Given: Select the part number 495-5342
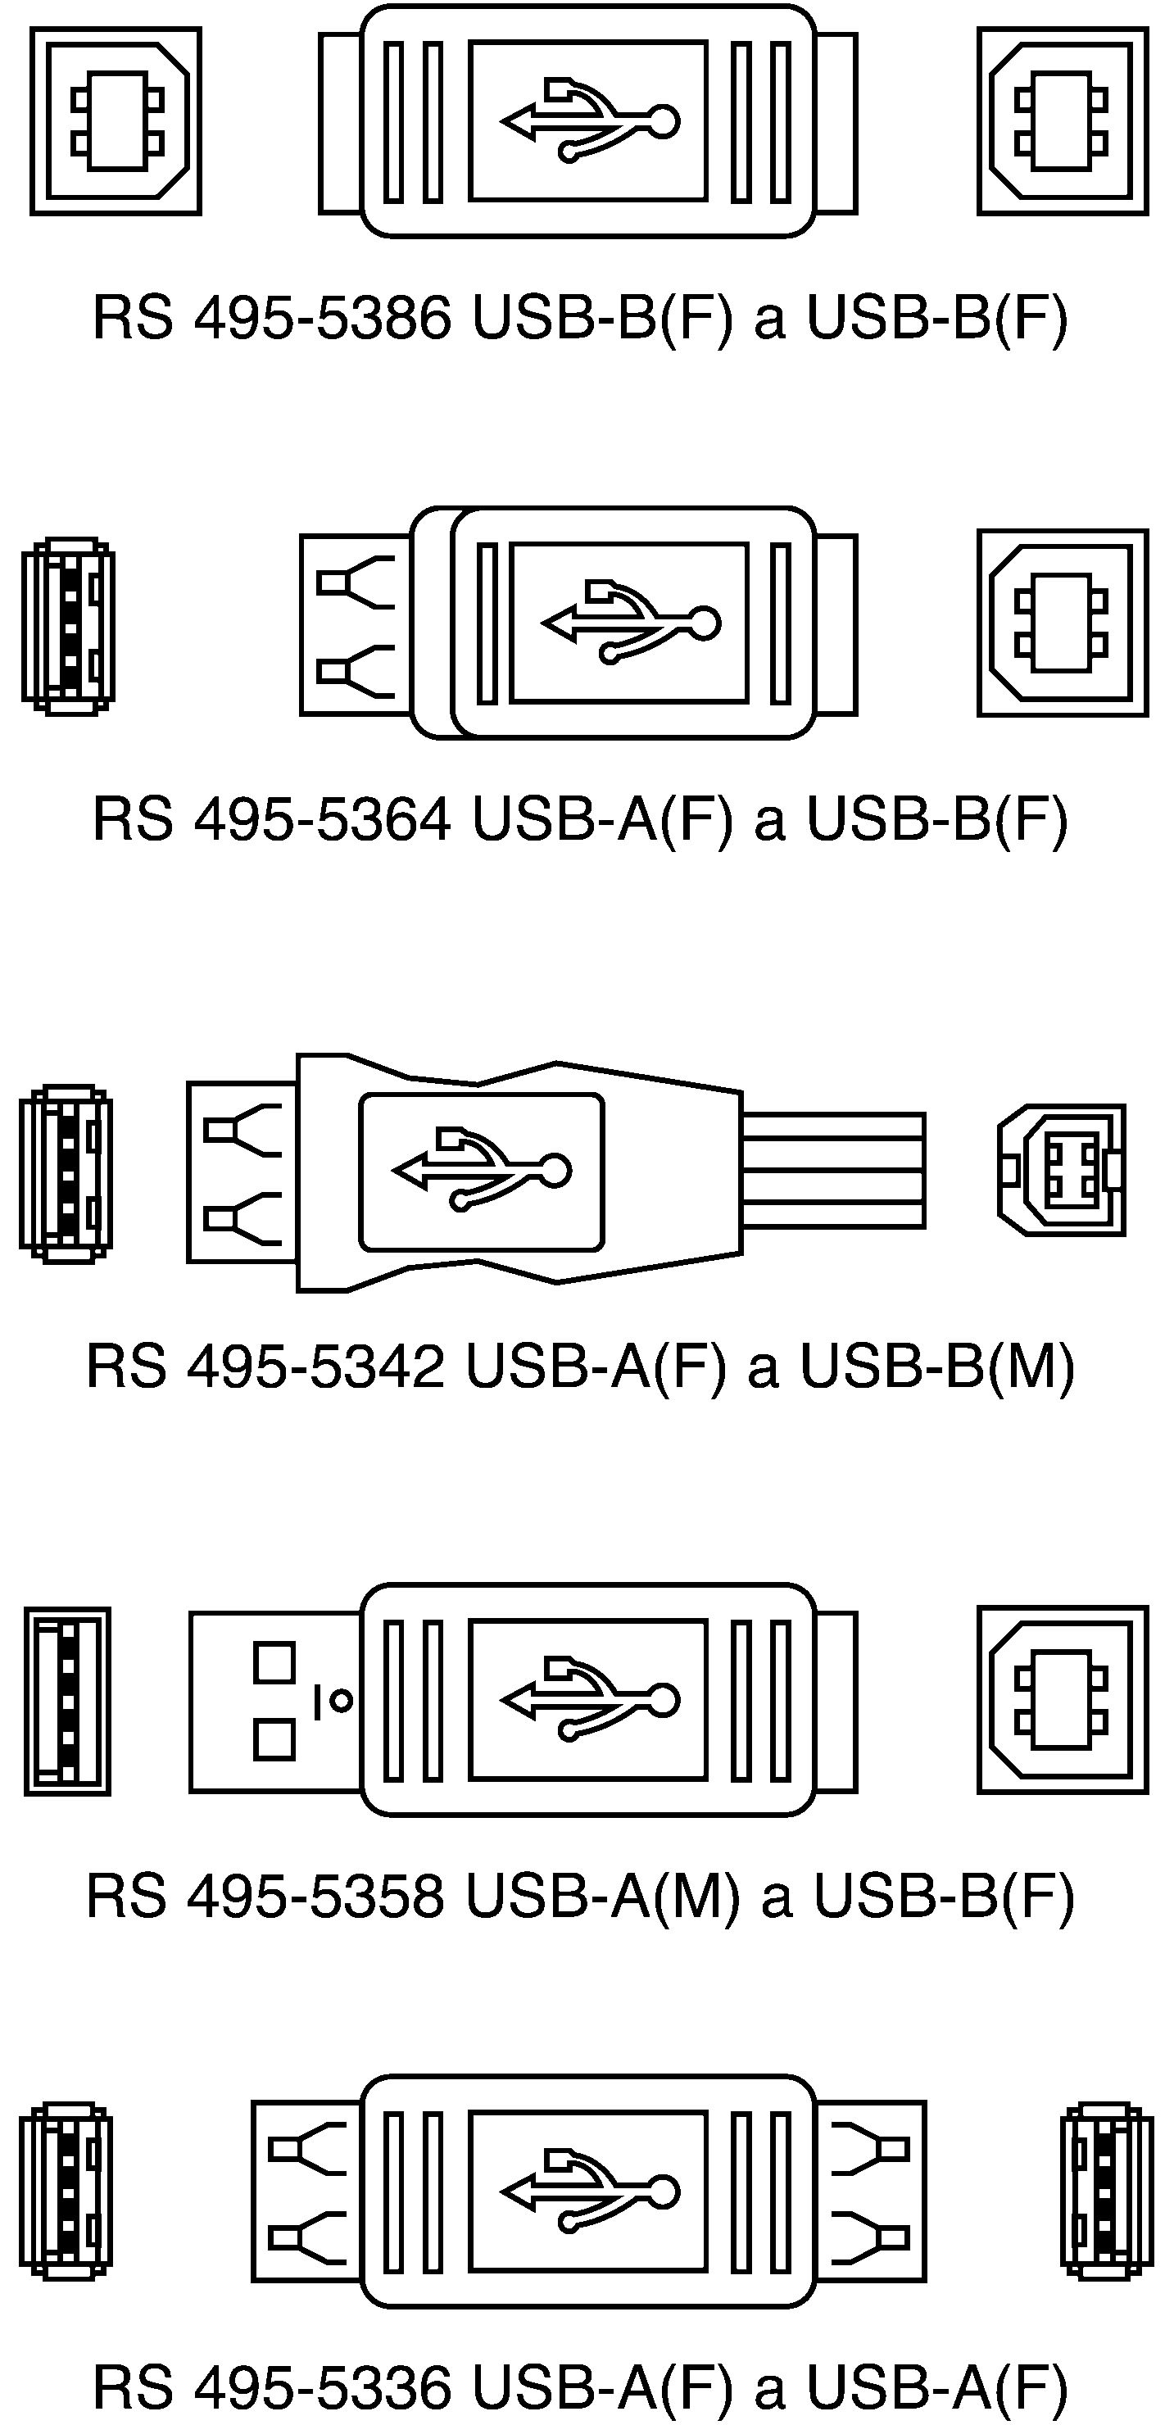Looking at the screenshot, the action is click(x=315, y=1366).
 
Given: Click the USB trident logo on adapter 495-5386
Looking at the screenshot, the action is click(x=589, y=120).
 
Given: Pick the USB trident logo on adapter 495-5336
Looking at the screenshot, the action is click(x=589, y=2192).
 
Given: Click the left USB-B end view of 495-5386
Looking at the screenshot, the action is click(x=116, y=121).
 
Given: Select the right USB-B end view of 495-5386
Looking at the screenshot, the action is click(x=1063, y=121).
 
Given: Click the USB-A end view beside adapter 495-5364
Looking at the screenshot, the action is click(x=69, y=626).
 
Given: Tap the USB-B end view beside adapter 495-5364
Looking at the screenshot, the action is click(x=1063, y=623).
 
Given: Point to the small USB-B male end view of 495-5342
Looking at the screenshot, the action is click(x=1062, y=1170).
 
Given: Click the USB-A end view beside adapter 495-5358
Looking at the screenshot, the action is click(x=67, y=1701).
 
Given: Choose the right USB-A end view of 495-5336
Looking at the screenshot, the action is click(x=1107, y=2191).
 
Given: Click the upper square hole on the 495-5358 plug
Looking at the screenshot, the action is click(x=274, y=1662).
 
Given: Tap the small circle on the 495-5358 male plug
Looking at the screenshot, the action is click(x=342, y=1701).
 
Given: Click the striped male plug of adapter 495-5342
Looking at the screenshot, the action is click(x=833, y=1170).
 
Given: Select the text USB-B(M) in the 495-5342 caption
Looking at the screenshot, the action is click(x=938, y=1366).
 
